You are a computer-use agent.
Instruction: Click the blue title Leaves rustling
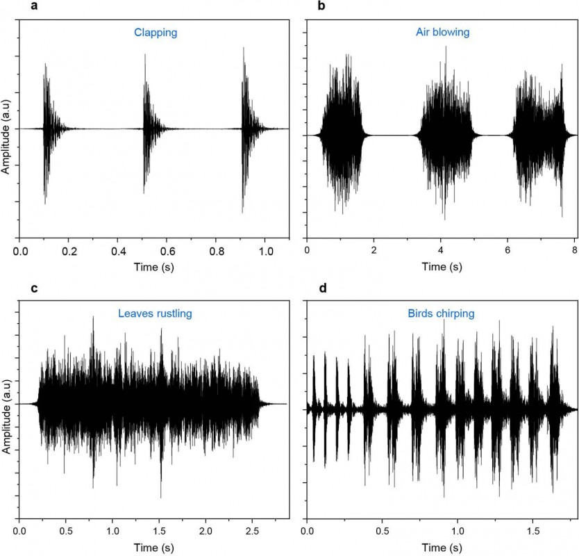pos(154,313)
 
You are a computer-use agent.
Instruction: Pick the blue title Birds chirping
pos(441,313)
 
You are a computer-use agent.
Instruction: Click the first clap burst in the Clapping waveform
pos(47,129)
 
